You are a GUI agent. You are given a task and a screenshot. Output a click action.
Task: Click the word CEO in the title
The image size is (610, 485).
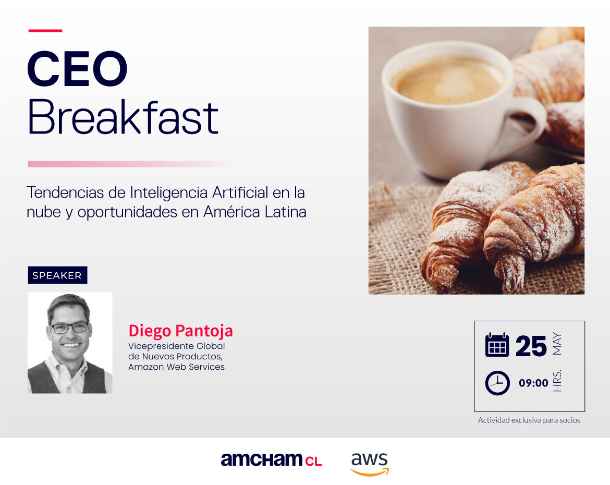coord(77,70)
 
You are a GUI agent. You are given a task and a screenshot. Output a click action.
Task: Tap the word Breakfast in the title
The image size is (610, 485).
coord(123,118)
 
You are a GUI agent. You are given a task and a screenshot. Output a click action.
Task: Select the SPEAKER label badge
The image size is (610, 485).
coord(57,275)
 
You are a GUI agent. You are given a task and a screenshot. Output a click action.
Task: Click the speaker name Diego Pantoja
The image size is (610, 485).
coord(180,331)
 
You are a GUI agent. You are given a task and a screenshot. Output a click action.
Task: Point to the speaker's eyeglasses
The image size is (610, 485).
coord(69,328)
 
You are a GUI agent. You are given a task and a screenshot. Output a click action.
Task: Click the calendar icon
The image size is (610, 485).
coord(497,345)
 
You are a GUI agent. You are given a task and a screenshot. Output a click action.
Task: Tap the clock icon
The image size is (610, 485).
coord(497,383)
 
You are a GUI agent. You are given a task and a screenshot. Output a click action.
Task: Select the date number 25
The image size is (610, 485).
coord(531,346)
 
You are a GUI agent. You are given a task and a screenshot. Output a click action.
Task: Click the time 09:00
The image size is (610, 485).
coord(533,383)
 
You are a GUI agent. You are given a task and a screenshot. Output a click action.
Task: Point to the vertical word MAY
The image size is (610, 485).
coord(557,345)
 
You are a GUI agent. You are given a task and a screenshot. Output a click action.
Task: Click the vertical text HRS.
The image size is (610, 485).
coord(557,382)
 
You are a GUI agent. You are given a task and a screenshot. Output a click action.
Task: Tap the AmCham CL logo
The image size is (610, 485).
coord(271,460)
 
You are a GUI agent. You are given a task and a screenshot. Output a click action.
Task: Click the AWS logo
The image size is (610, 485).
coord(369,463)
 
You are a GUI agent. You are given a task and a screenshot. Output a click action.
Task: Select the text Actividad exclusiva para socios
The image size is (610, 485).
coord(529,420)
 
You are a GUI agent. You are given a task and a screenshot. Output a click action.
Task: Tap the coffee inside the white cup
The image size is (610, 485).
coord(448,81)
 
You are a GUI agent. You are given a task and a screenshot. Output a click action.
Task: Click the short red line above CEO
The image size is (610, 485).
coord(45,31)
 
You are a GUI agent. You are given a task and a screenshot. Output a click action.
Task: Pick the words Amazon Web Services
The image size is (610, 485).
coord(176,367)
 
